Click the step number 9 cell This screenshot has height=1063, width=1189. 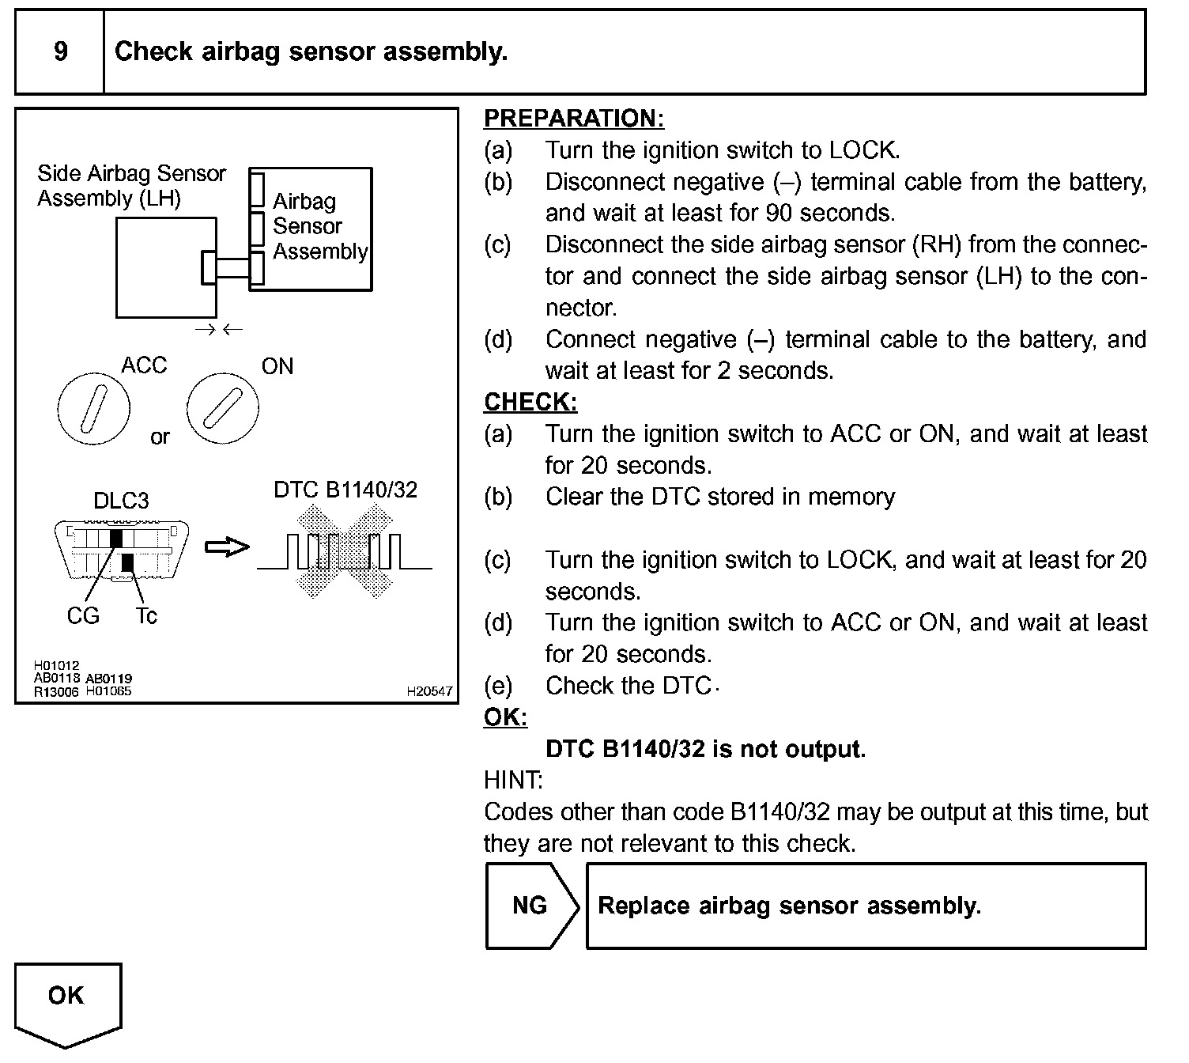coord(60,52)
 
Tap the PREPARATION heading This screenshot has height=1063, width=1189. coord(573,119)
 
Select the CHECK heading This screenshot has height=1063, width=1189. coord(530,402)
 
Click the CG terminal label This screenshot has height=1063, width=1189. coord(83,615)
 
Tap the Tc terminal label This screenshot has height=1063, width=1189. coord(146,615)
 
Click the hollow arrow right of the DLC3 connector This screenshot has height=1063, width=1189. coord(227,547)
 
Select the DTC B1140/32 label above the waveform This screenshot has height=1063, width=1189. coord(345,490)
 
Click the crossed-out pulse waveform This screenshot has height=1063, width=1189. coord(345,552)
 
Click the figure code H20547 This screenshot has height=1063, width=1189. coord(429,691)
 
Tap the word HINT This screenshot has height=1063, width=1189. coord(513,781)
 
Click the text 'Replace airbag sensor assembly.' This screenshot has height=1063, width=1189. coord(789,906)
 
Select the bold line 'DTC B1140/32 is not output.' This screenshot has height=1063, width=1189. coord(705,749)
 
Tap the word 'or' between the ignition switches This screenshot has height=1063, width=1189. coord(160,437)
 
